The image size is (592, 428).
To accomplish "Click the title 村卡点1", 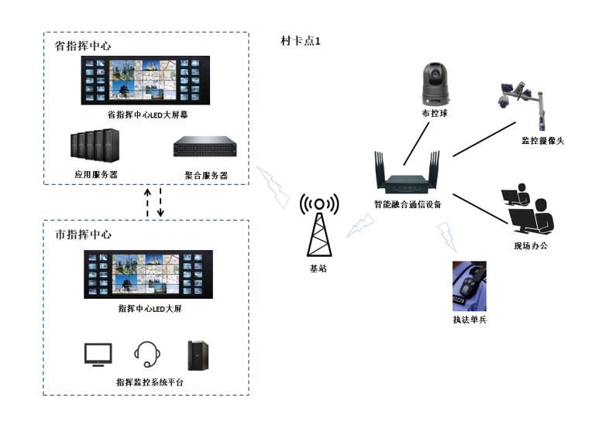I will click(300, 41).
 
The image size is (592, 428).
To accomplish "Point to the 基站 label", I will click(318, 269).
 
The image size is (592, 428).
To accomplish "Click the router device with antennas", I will click(407, 179).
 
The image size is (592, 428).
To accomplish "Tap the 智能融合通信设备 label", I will click(407, 205).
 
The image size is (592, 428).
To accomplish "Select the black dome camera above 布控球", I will click(435, 84).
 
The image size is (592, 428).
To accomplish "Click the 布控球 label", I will click(435, 113).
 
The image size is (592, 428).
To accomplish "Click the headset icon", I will click(147, 354).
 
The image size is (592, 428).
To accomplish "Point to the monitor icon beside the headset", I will click(98, 354).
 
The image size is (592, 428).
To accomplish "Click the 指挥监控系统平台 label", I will click(150, 382).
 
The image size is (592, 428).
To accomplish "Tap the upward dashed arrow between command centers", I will click(147, 203).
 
